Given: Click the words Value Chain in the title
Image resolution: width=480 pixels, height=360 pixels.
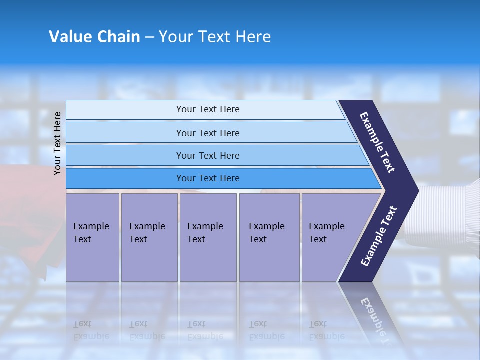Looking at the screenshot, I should (94, 37).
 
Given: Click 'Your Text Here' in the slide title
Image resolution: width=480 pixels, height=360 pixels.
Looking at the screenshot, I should (215, 37).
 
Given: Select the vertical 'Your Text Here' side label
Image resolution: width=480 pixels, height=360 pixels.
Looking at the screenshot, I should (57, 143).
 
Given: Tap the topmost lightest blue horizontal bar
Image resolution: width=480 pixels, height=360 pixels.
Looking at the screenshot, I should (125, 109).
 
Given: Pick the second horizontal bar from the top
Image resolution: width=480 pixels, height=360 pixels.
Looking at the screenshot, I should (125, 133).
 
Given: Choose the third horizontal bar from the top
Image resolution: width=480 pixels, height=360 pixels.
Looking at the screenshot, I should (125, 155).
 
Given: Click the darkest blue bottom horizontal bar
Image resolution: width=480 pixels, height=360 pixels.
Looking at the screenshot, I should (125, 178).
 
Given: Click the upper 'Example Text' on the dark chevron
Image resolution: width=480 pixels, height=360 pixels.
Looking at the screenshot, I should (377, 142).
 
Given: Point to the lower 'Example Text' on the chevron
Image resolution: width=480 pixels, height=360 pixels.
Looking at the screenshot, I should (379, 236).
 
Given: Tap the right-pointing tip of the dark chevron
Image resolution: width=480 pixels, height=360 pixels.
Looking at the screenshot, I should (415, 190).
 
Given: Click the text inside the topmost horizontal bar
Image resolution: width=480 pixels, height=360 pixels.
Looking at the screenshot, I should (208, 109).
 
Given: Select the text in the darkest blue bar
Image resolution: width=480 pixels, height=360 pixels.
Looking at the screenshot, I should (208, 178).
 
